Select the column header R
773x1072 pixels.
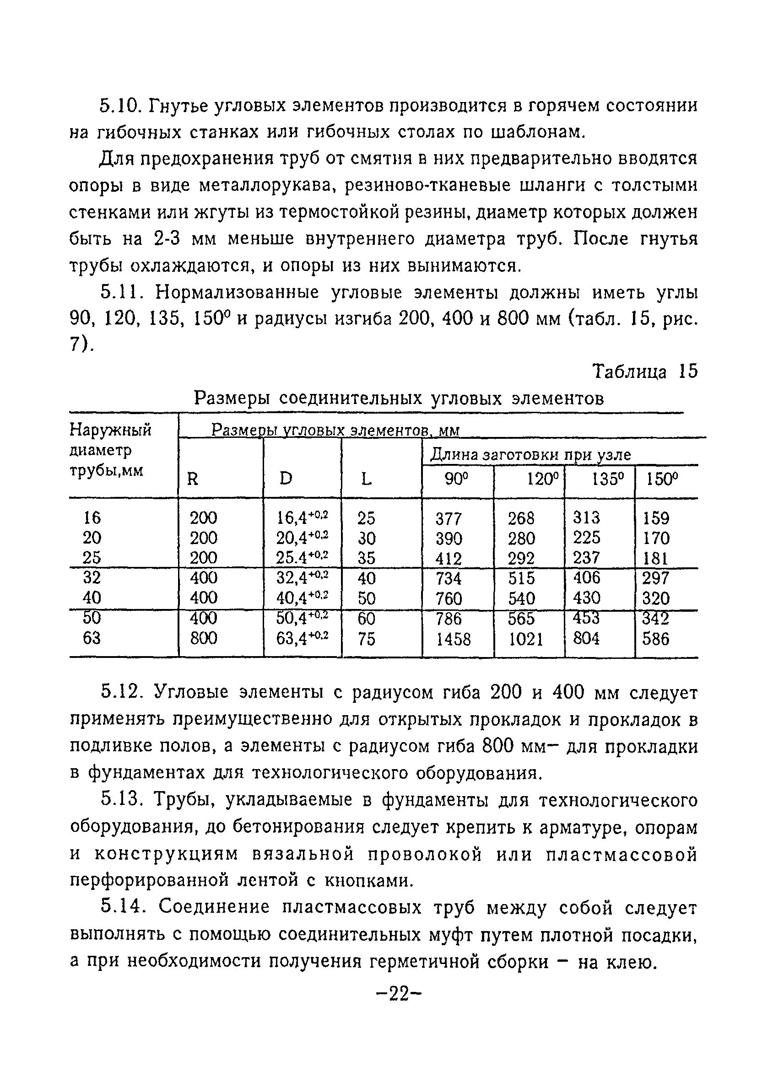(x=193, y=480)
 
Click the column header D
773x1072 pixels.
(x=286, y=479)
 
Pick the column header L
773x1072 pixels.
(x=366, y=480)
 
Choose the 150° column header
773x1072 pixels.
(x=662, y=480)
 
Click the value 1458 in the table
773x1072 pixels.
(x=454, y=640)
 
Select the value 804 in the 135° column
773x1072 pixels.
(x=586, y=639)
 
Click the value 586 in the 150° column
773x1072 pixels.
(x=656, y=640)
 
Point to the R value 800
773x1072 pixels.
(x=203, y=639)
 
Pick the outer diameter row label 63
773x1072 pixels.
(x=92, y=639)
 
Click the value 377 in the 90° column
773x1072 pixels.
(x=448, y=519)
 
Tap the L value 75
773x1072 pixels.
(x=367, y=640)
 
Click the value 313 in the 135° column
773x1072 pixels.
(x=586, y=518)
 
